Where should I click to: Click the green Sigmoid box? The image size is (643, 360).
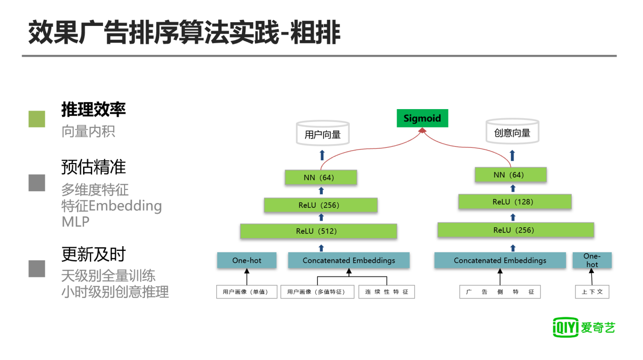[422, 118]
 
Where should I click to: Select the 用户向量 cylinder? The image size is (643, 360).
[322, 133]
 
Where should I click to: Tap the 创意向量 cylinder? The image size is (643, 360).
[512, 132]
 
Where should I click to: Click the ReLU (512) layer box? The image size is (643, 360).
[318, 231]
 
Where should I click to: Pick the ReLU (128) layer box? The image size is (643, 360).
[515, 202]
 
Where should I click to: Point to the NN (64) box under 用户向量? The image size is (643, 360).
[321, 178]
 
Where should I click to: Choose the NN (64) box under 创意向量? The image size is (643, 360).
[510, 175]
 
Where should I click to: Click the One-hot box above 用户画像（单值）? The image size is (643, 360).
[246, 260]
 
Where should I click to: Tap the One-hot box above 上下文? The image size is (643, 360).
[592, 260]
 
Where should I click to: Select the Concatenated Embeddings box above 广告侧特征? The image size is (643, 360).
[500, 260]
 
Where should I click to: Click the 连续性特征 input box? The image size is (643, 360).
[387, 292]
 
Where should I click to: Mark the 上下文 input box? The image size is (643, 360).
[592, 291]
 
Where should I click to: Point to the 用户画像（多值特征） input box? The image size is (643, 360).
[317, 292]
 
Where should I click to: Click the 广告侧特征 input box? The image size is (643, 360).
[500, 292]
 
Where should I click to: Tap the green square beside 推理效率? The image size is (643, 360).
[37, 119]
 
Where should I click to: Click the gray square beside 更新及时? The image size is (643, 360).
[37, 268]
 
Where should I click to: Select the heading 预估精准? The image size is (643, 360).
[93, 167]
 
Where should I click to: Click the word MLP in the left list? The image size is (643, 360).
[76, 222]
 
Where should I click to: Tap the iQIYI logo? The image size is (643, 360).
[584, 327]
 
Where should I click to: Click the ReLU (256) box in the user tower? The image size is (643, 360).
[321, 205]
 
